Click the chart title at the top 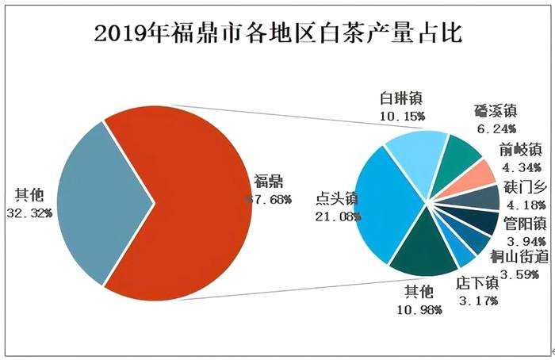(277, 34)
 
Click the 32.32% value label (31, 212)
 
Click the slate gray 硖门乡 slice (486, 197)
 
